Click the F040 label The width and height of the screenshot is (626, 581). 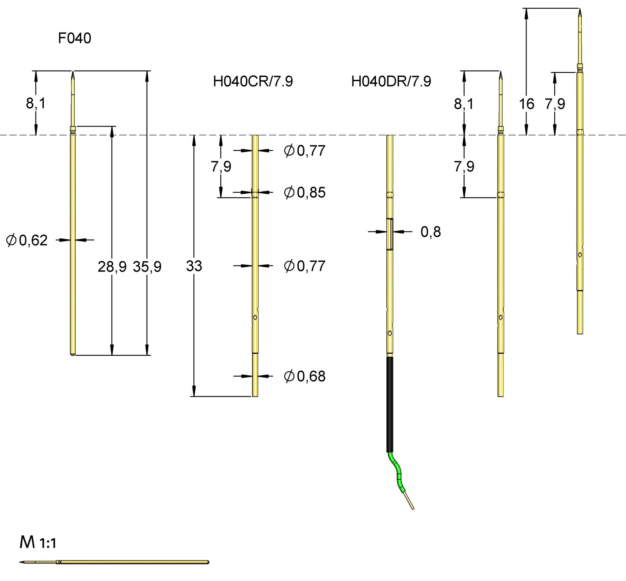tap(74, 38)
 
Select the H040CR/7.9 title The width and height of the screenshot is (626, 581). tap(253, 81)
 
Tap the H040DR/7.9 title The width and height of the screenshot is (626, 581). tap(391, 81)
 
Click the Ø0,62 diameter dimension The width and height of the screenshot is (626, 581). tap(27, 240)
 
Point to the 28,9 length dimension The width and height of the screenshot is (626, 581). tap(112, 267)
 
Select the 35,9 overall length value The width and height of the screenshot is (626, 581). tap(147, 267)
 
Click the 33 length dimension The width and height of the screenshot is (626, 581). tap(194, 266)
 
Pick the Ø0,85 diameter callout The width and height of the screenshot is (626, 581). tap(305, 192)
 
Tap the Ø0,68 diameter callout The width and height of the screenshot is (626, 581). tap(305, 376)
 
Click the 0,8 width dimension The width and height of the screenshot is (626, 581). tap(430, 232)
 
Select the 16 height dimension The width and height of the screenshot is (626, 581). tap(526, 104)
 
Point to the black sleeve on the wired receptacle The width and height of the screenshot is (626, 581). tap(390, 404)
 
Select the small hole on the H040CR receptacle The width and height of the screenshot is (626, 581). tap(255, 317)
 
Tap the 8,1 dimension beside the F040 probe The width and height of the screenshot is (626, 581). tap(36, 103)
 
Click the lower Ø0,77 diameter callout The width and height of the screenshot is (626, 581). tap(305, 266)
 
